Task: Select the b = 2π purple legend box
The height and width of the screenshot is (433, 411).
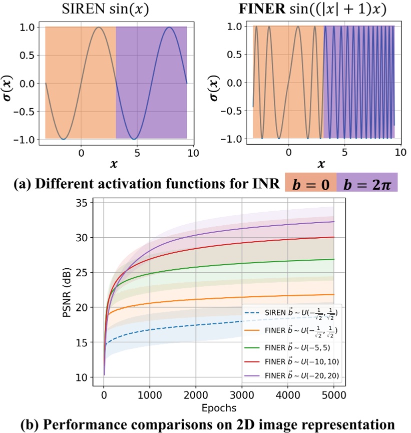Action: click(x=367, y=182)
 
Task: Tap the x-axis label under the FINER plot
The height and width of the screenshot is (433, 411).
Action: click(x=321, y=164)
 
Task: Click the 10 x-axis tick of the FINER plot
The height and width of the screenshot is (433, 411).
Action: click(x=400, y=152)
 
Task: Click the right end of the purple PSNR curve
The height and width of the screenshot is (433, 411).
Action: click(x=333, y=222)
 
